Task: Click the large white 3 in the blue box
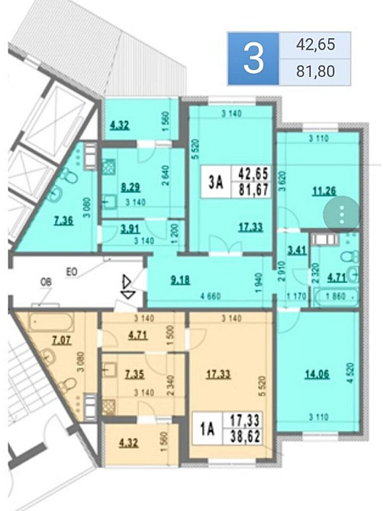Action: pos(253,59)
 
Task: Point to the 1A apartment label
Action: pos(208,427)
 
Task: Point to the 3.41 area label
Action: pos(296,249)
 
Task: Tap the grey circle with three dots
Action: pos(342,214)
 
